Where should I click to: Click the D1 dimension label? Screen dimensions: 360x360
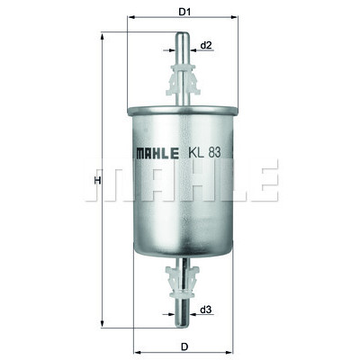pyautogui.click(x=184, y=13)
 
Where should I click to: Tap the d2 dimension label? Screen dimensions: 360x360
pyautogui.click(x=206, y=46)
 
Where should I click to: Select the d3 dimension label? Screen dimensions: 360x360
pyautogui.click(x=206, y=310)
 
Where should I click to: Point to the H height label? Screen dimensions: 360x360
pyautogui.click(x=97, y=181)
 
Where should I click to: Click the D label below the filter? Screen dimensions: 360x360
pyautogui.click(x=184, y=346)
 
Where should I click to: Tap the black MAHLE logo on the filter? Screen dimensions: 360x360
pyautogui.click(x=157, y=153)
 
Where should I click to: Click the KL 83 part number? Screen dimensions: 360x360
pyautogui.click(x=204, y=153)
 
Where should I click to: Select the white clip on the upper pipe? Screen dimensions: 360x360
pyautogui.click(x=183, y=80)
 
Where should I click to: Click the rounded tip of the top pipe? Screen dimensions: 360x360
pyautogui.click(x=183, y=34)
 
